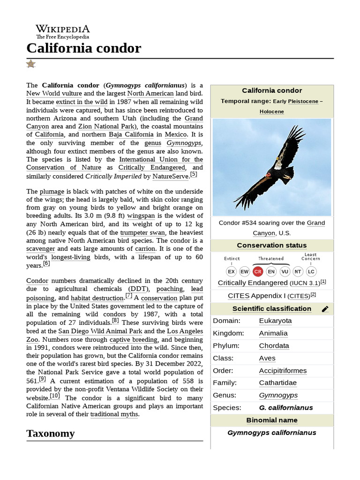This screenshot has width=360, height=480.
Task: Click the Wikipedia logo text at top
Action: pos(63,29)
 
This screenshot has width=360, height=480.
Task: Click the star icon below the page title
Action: pos(31,64)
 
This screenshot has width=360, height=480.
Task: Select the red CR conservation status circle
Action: pos(258,271)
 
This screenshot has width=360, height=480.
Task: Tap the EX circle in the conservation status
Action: pos(231,271)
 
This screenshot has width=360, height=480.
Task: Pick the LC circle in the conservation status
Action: pos(311,271)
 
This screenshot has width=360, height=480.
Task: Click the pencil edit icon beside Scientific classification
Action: pos(325,309)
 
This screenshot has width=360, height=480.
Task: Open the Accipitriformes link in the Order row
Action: pos(283,371)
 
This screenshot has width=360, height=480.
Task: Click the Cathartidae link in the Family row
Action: pos(277,383)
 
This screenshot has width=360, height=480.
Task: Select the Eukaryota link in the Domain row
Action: pos(275,321)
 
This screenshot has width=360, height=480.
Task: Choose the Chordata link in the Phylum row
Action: pos(274,346)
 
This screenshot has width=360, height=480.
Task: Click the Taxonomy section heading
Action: pos(51,433)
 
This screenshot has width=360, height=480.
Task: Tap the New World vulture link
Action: pos(54,93)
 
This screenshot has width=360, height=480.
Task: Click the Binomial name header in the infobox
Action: pos(272,420)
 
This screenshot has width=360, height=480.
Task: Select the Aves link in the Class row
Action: pos(267,358)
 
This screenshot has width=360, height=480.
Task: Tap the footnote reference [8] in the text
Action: pos(115,321)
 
